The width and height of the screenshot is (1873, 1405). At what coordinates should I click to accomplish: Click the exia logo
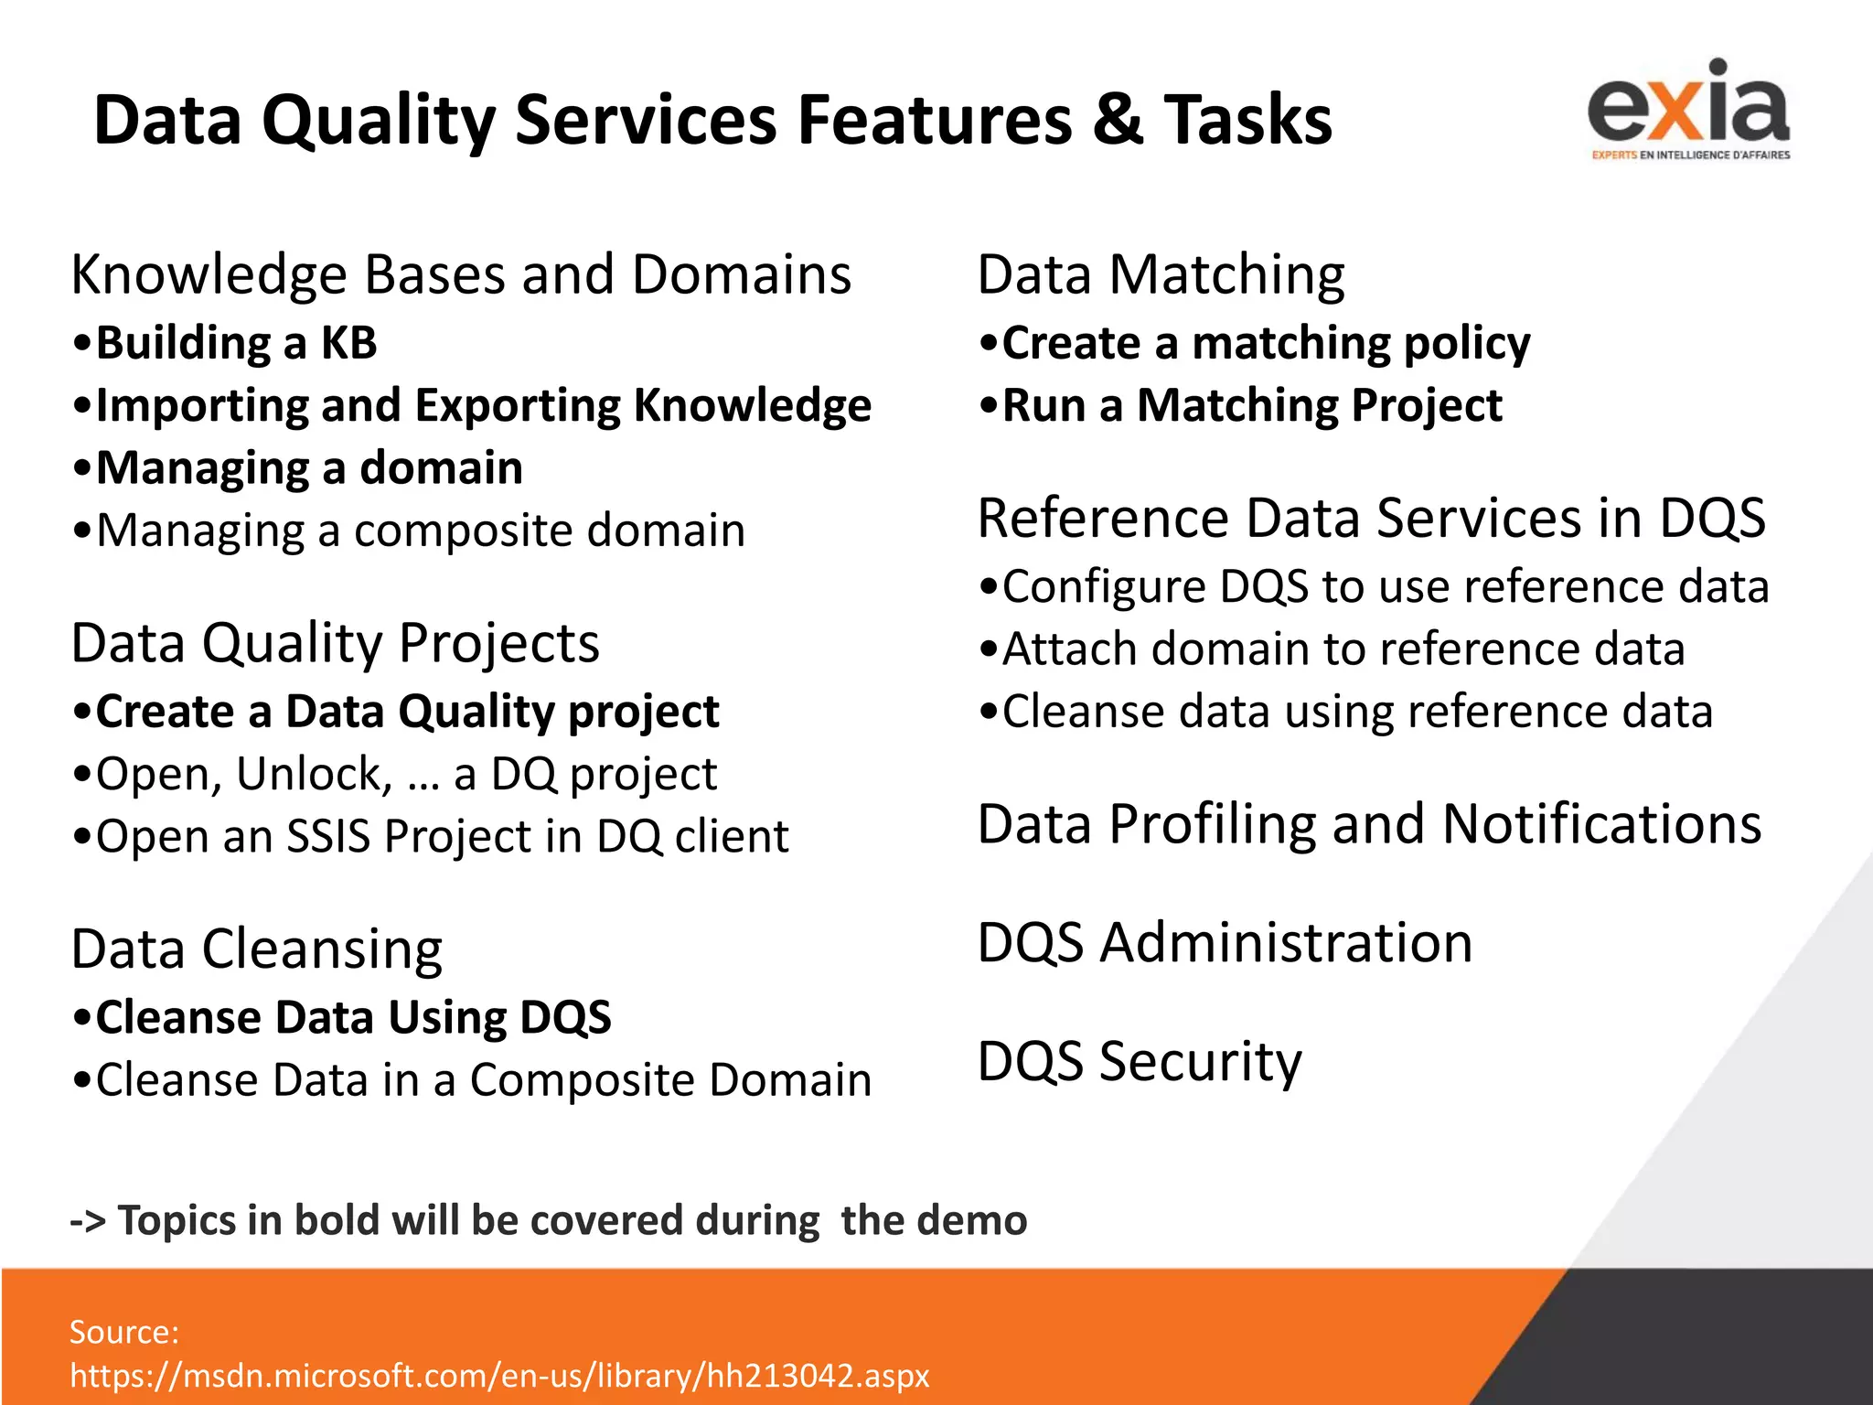click(x=1689, y=110)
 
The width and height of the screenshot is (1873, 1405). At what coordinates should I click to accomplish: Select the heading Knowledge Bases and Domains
click(x=461, y=274)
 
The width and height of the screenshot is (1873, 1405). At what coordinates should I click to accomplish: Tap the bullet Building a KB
click(x=236, y=343)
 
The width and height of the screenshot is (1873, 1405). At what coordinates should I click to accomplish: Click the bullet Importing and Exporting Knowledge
click(x=483, y=405)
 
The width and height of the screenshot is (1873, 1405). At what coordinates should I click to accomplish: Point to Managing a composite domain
click(x=420, y=531)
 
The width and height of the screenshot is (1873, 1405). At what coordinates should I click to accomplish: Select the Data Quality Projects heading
click(x=335, y=643)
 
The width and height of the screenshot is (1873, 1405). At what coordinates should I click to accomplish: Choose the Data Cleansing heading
click(x=257, y=949)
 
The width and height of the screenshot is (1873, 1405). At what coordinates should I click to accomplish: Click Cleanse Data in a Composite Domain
click(x=483, y=1080)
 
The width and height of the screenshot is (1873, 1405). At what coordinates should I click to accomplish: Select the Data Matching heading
click(x=1161, y=274)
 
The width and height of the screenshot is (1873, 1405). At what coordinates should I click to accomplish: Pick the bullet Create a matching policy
click(x=1266, y=343)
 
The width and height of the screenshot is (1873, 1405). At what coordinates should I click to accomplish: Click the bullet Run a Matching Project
click(x=1251, y=405)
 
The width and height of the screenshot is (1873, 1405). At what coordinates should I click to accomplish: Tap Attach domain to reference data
click(x=1343, y=649)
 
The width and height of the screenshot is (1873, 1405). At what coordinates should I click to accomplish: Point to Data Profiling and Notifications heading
click(x=1369, y=824)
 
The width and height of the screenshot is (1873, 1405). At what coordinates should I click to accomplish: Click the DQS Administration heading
click(x=1225, y=943)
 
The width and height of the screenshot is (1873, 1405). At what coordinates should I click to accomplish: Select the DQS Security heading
click(x=1139, y=1061)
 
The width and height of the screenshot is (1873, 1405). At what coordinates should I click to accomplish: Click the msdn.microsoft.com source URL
click(x=499, y=1376)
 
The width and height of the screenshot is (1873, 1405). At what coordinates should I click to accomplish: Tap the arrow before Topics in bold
click(x=88, y=1221)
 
